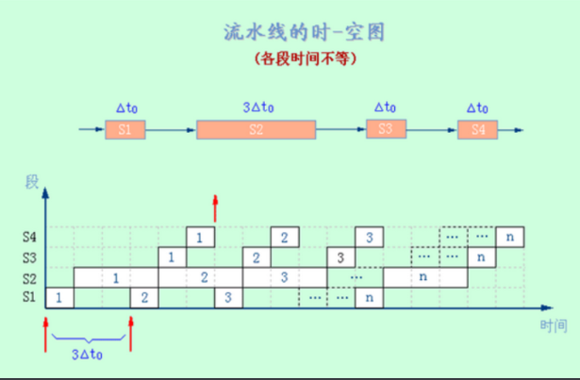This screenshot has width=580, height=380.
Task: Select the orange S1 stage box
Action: (125, 129)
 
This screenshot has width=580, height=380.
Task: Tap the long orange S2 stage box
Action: (256, 129)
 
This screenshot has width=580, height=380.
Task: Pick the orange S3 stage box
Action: (385, 129)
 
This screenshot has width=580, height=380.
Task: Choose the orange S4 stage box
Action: (477, 129)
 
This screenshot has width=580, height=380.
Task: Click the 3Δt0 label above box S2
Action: (257, 107)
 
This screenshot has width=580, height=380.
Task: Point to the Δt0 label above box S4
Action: (477, 107)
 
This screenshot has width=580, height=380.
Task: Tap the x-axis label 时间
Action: (554, 325)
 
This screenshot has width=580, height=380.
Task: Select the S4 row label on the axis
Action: (29, 237)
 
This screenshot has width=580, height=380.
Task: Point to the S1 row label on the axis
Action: (29, 298)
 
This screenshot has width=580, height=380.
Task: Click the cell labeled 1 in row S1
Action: (59, 298)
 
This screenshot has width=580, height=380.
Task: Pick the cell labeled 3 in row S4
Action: (370, 237)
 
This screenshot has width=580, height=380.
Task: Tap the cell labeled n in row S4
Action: (510, 237)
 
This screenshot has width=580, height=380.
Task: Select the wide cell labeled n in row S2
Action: (424, 277)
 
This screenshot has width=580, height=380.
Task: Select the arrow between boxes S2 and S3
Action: (340, 129)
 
